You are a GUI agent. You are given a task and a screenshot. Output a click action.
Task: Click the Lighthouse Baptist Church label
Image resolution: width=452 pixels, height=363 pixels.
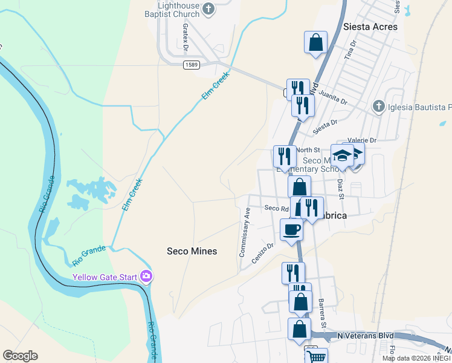coord(175,9)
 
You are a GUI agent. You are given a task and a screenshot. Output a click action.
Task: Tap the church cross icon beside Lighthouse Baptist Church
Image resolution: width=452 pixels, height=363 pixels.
coord(208,8)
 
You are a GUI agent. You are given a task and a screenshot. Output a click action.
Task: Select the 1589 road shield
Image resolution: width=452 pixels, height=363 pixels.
coord(191,65)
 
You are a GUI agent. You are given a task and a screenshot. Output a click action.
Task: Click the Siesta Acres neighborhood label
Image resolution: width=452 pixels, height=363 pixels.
coord(370,27)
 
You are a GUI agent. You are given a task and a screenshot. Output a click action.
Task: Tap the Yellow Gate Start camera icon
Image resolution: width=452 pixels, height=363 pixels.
coord(146,276)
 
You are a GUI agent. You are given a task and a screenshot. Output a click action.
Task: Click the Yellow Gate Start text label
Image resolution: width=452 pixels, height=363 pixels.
coord(105,278)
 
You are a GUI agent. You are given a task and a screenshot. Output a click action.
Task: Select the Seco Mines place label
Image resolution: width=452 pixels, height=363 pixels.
coord(192,250)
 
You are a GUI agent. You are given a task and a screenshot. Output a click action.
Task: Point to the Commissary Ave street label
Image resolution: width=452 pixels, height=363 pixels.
coord(245,232)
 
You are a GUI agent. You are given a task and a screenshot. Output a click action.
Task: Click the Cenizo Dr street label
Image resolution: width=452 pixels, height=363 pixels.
coord(263,249)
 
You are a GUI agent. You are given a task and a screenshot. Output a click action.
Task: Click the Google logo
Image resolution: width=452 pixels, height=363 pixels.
coord(20,356)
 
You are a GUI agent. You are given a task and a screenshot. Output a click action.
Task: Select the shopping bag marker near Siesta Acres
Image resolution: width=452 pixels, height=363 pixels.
coord(315,42)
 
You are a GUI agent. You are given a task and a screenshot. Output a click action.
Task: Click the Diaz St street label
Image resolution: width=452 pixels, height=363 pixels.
coord(341,188)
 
